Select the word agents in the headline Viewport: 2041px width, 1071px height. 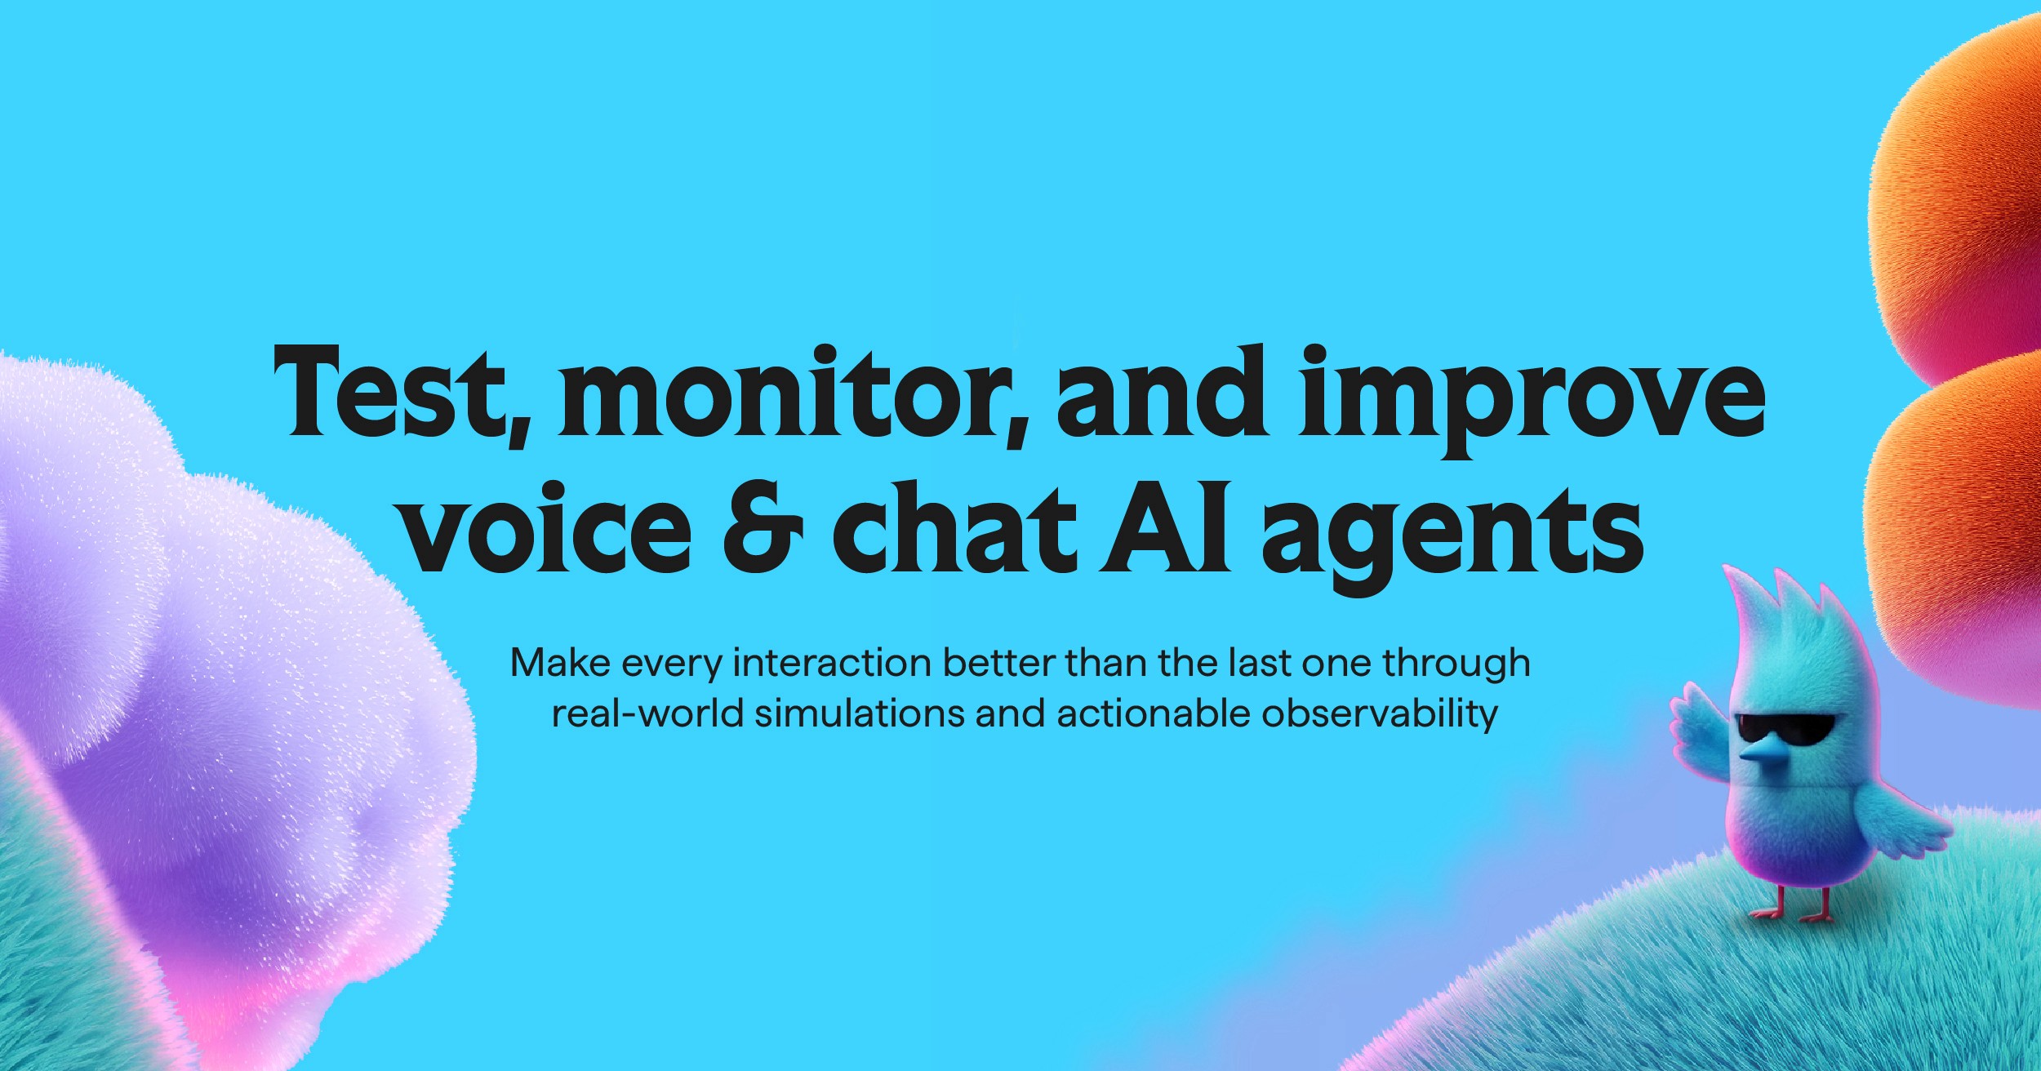click(1453, 535)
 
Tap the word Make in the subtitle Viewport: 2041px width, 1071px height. click(561, 663)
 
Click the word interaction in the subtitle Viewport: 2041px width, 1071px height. click(832, 663)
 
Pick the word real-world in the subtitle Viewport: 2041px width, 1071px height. click(647, 714)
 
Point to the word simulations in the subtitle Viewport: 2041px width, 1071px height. click(859, 714)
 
